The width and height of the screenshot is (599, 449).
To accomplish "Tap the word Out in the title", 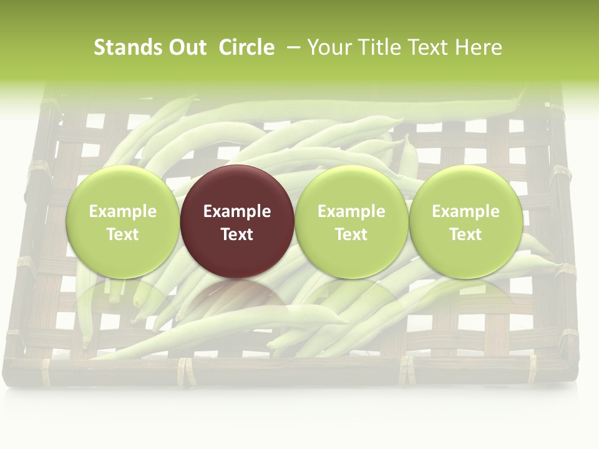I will pos(186,47).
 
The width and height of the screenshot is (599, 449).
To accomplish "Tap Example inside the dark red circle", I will pos(237,211).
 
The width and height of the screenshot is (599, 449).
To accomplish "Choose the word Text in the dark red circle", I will pos(237,234).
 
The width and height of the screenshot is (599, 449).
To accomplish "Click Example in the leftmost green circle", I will pos(122,211).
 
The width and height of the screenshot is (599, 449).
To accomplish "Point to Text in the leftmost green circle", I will pos(122,234).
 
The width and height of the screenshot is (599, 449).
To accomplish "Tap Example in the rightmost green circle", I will pos(465,211).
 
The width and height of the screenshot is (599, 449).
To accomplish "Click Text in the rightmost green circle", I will pos(465,234).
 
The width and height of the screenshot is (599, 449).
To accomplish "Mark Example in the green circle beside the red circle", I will pos(351,211).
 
